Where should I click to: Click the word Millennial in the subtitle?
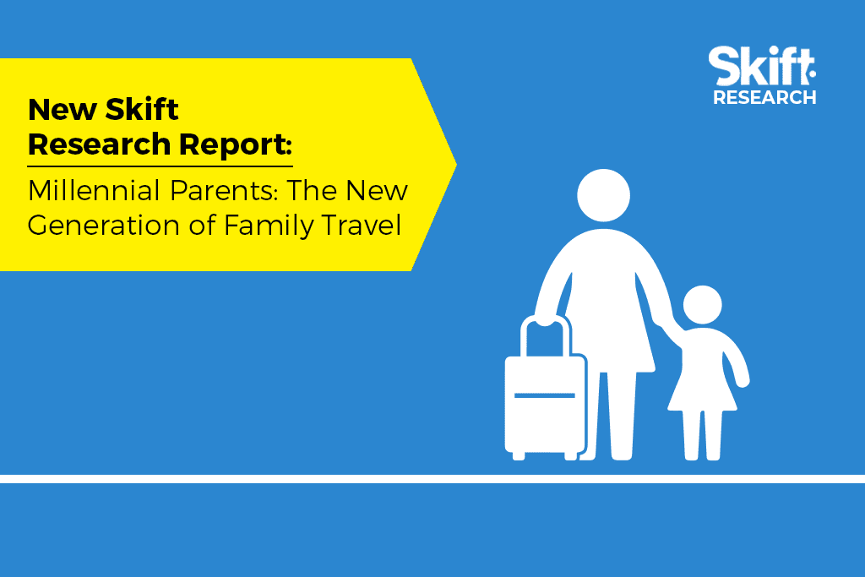pyautogui.click(x=94, y=190)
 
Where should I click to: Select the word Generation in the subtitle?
pyautogui.click(x=104, y=226)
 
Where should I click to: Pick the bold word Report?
pyautogui.click(x=236, y=145)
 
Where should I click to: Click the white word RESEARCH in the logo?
pyautogui.click(x=764, y=97)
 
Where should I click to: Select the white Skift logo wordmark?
pyautogui.click(x=762, y=66)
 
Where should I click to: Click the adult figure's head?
pyautogui.click(x=603, y=195)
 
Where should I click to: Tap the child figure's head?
pyautogui.click(x=702, y=304)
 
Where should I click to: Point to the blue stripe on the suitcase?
pyautogui.click(x=545, y=395)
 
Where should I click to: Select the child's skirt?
pyautogui.click(x=702, y=387)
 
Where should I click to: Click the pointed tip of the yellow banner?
pyautogui.click(x=456, y=164)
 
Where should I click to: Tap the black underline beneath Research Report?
pyautogui.click(x=160, y=166)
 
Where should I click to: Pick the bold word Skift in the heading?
pyautogui.click(x=142, y=109)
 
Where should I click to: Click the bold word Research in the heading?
pyautogui.click(x=100, y=145)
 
